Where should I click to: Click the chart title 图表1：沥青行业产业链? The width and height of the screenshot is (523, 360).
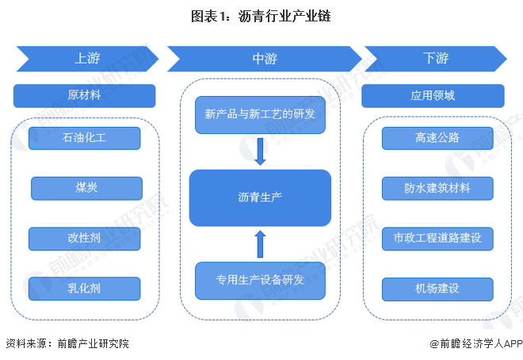(x=261, y=15)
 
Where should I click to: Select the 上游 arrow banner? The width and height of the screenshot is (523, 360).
(x=87, y=59)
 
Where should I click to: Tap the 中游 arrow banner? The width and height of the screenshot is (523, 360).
(x=262, y=59)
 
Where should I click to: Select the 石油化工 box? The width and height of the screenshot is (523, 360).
(x=85, y=138)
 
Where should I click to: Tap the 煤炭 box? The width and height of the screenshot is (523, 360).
(x=86, y=188)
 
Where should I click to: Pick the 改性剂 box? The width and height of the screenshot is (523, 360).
(x=85, y=238)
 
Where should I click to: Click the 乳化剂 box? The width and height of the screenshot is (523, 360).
(x=85, y=288)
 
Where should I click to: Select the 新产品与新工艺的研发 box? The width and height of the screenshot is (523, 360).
(x=260, y=114)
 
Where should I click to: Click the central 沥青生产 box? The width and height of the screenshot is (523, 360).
(x=260, y=197)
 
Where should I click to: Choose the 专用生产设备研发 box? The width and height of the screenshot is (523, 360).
(x=260, y=279)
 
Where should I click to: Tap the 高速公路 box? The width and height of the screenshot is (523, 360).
(x=437, y=138)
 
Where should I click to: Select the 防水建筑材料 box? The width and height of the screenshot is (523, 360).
(x=437, y=188)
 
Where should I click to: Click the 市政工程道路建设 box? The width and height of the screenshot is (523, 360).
(x=437, y=238)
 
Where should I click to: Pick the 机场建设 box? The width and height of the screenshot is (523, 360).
(x=437, y=288)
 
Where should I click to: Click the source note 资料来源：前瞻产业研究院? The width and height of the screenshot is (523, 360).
(x=67, y=343)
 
